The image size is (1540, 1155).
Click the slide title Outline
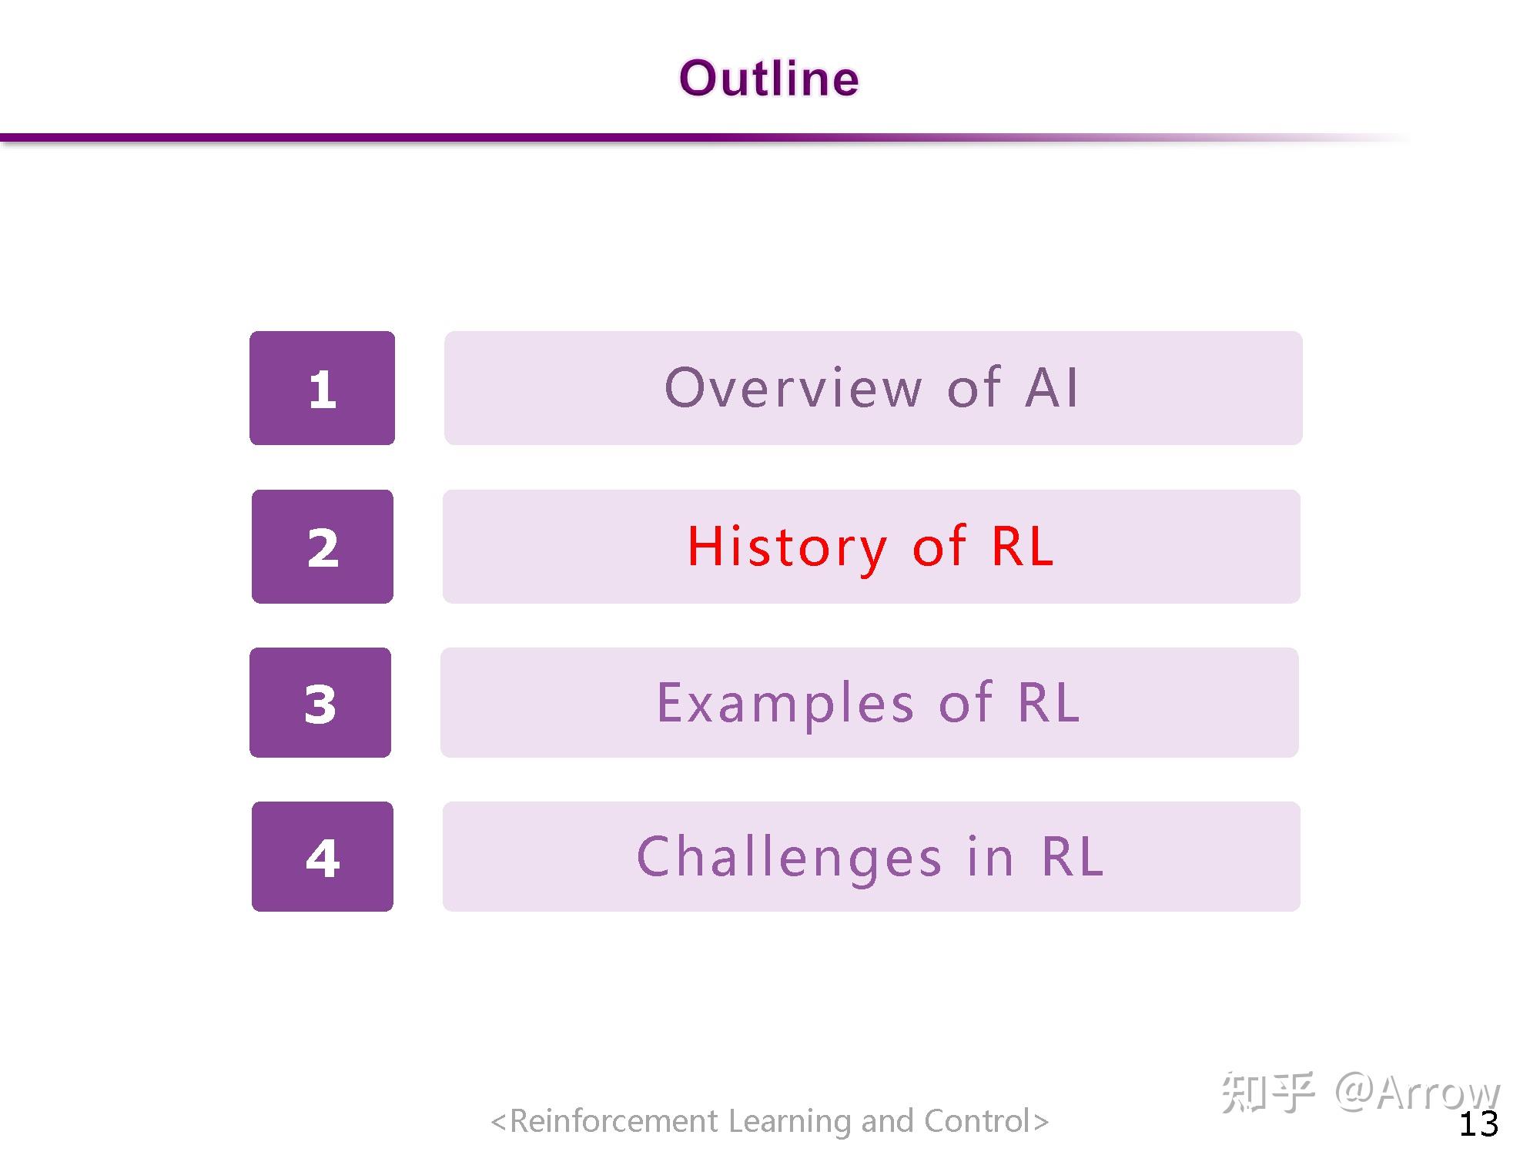tap(768, 79)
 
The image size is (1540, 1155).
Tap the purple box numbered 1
tap(322, 388)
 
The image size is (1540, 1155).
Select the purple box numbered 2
tap(322, 547)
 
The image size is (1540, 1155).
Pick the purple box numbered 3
tap(320, 702)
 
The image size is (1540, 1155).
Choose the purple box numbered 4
tap(322, 856)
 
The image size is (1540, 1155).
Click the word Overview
tap(793, 387)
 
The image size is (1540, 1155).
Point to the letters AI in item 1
tap(1053, 387)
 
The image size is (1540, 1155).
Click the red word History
tap(787, 547)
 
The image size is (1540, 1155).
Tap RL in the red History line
tap(1023, 547)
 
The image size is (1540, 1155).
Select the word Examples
tap(785, 703)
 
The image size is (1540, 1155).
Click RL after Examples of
tap(1049, 703)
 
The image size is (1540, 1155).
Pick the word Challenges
tap(789, 857)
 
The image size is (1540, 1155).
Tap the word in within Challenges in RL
tap(991, 857)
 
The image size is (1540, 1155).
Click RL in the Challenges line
tap(1073, 857)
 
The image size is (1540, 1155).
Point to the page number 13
tap(1478, 1124)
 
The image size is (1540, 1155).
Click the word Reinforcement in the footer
tap(614, 1121)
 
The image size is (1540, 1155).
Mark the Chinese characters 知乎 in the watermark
tap(1267, 1092)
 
